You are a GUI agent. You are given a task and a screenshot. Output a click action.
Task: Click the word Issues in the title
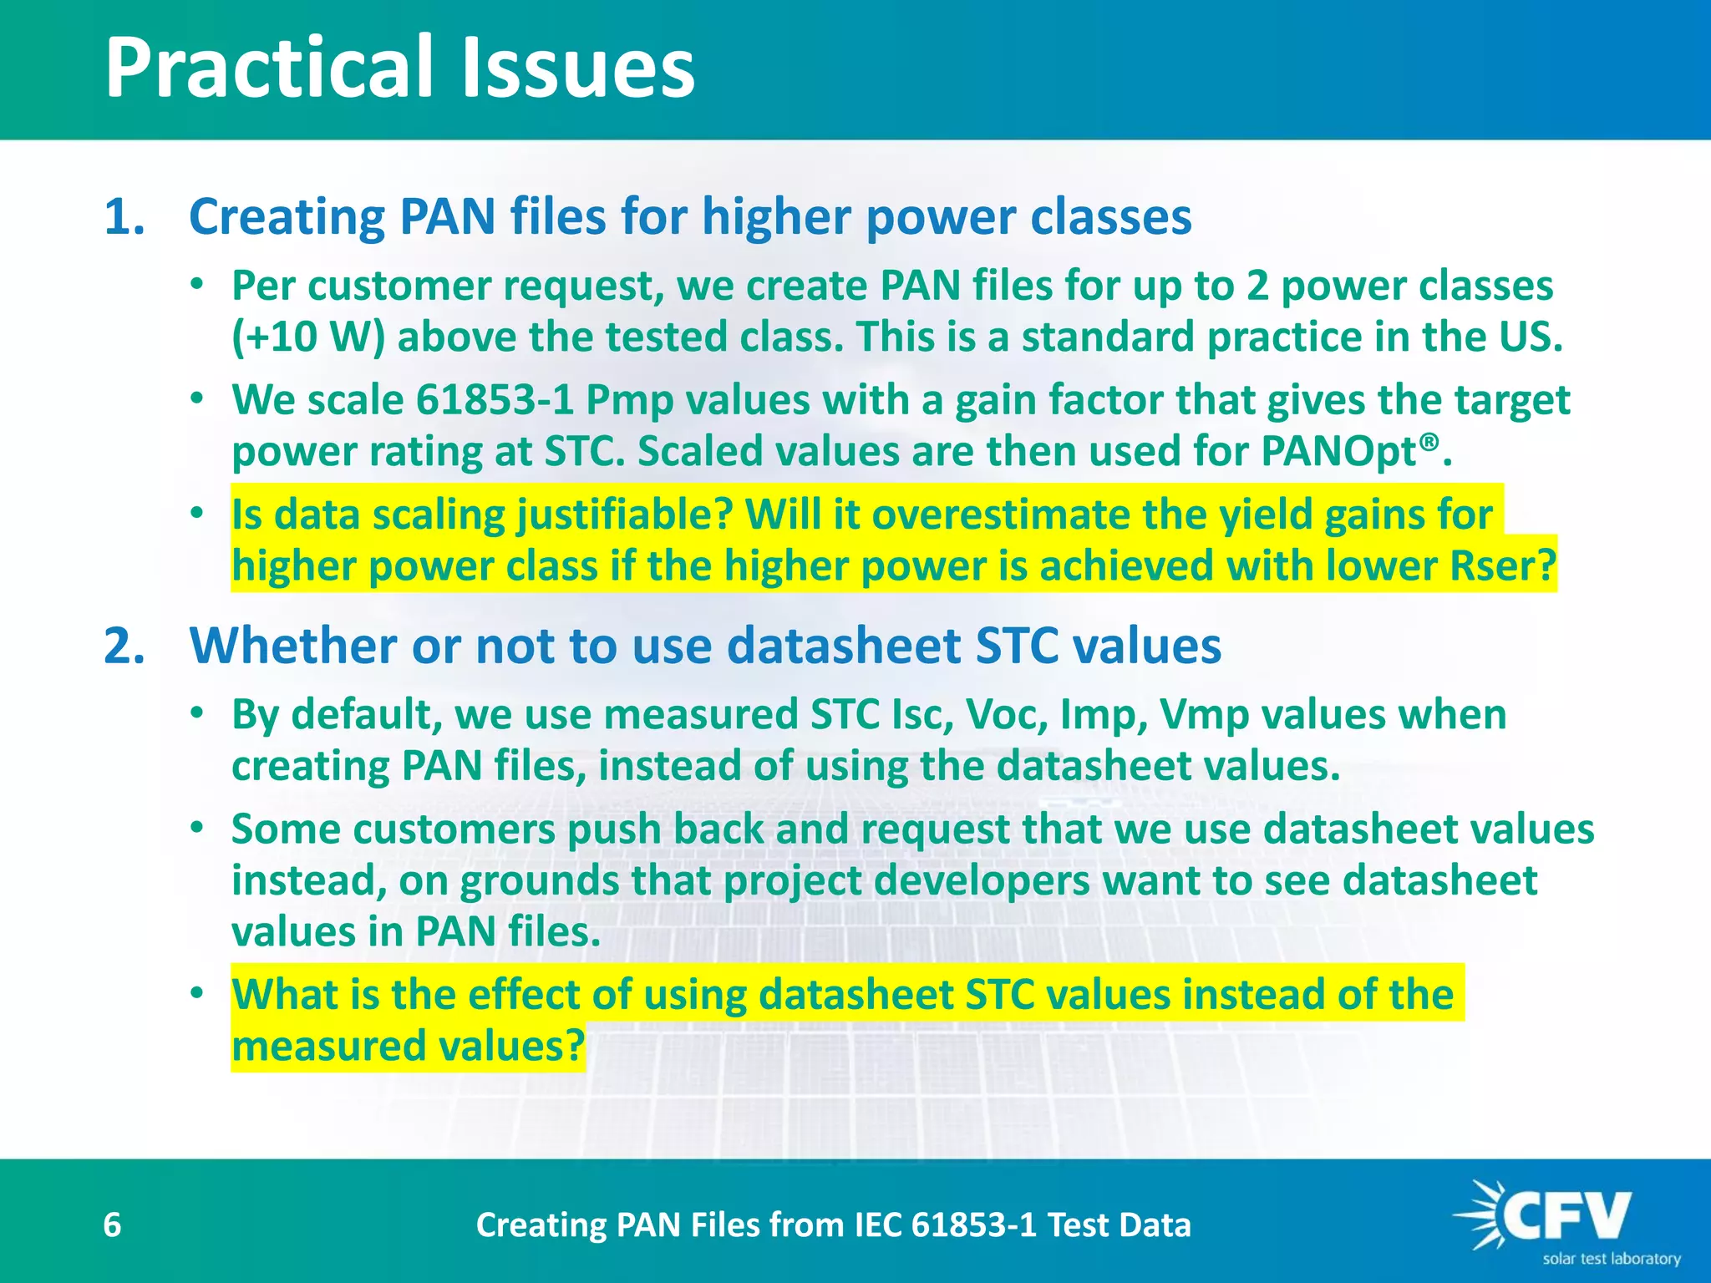[577, 68]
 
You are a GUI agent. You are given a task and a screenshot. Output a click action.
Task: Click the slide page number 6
[112, 1225]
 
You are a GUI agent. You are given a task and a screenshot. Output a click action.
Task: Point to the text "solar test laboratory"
[1612, 1259]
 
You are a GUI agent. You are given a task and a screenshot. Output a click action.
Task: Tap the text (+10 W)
[307, 337]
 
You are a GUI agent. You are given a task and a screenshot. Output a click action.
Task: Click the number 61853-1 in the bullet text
[495, 400]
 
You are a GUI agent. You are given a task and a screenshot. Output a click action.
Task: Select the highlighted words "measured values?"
[408, 1046]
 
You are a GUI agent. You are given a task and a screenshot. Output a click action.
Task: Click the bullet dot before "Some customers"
[196, 829]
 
